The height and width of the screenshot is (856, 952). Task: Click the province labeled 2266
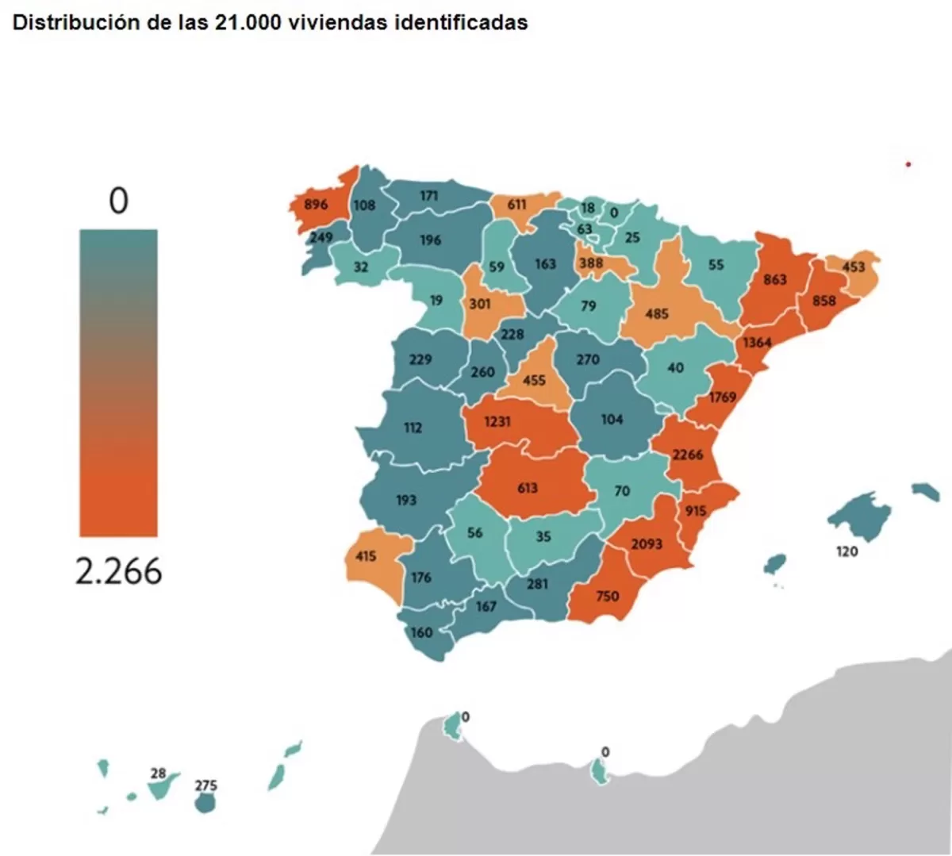687,455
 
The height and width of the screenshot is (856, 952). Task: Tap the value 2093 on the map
647,544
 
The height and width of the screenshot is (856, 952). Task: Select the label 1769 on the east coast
723,397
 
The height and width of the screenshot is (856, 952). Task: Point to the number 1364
757,343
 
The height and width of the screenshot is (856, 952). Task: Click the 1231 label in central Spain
497,421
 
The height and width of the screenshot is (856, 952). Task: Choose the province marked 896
316,204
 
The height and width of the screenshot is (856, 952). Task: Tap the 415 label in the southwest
366,556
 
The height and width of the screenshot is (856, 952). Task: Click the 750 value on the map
607,596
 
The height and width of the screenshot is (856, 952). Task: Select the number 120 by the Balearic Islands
847,551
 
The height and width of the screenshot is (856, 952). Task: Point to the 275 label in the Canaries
205,785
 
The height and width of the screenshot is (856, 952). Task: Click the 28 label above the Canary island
159,773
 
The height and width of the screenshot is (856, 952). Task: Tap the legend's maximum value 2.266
119,571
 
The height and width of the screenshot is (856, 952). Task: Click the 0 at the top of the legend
118,200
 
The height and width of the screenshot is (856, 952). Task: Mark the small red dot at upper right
908,165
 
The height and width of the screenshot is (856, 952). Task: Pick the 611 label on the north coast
516,205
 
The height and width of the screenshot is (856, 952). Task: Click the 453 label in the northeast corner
853,267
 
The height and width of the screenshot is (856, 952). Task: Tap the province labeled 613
528,488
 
